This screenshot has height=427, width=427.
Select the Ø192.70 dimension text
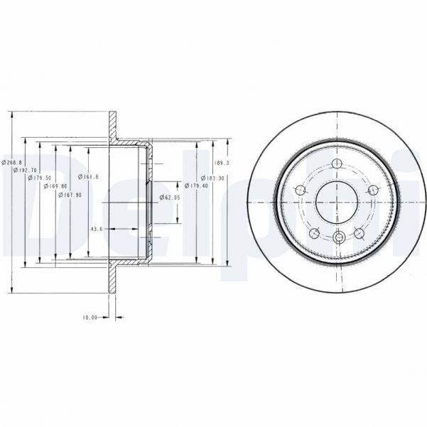coord(26,171)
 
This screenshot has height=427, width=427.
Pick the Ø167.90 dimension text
coord(70,194)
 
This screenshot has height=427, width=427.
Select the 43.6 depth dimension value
coord(97,229)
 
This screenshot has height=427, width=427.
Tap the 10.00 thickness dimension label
coord(89,318)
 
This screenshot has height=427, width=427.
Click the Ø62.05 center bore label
coord(169,197)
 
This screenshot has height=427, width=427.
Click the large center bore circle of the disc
coord(335,201)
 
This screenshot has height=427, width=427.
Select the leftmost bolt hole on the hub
coord(299,190)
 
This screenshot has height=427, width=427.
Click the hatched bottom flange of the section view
coord(111,281)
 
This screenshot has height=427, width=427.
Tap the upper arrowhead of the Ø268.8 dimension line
coord(12,114)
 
